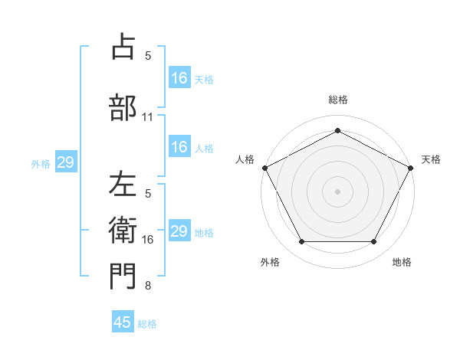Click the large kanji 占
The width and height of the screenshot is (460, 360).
(x=123, y=47)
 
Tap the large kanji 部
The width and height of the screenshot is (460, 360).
(x=123, y=106)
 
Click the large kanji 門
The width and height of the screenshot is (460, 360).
(x=123, y=277)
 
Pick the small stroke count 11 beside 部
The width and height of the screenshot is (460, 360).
(x=148, y=117)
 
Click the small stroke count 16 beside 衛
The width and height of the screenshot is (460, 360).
(x=148, y=240)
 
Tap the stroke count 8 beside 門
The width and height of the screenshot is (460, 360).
(x=148, y=286)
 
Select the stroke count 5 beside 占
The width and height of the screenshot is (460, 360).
(x=148, y=56)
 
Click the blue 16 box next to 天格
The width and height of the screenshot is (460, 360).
(x=179, y=77)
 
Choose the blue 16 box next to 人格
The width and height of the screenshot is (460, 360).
(x=179, y=147)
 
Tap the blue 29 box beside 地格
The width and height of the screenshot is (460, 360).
(x=179, y=231)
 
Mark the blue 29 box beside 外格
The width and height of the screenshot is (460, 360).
(x=65, y=162)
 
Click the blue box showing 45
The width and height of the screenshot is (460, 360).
(x=123, y=322)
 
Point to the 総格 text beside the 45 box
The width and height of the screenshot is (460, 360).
(x=147, y=324)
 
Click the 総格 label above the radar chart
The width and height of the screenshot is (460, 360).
(x=337, y=100)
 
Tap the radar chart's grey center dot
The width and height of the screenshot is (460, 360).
(x=337, y=191)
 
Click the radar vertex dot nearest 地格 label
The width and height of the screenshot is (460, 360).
(x=374, y=242)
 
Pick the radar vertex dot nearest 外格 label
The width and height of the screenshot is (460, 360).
(x=301, y=242)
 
